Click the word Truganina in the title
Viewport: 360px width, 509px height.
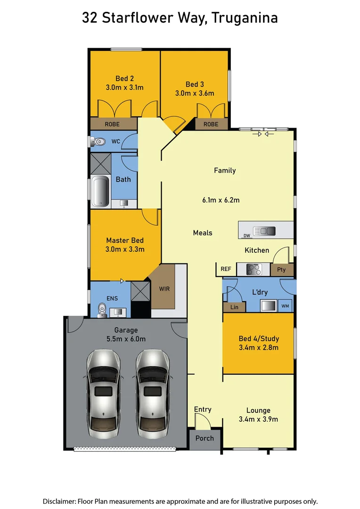(245, 18)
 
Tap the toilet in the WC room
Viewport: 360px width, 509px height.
(98, 141)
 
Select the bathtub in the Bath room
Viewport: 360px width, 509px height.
(100, 191)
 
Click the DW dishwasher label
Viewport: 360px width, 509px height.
(246, 236)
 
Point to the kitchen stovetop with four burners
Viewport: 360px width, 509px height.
(254, 270)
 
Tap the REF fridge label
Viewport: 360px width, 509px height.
(226, 269)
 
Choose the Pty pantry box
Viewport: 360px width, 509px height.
(282, 270)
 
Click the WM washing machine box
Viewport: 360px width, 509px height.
(286, 306)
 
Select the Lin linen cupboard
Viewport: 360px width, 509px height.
(234, 307)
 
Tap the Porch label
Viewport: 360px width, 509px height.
(205, 438)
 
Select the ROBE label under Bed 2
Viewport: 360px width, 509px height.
(112, 124)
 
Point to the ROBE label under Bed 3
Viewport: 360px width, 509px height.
(211, 124)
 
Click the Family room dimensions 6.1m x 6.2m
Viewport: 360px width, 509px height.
(221, 200)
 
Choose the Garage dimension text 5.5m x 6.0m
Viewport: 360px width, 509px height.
(126, 339)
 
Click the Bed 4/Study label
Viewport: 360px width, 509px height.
(258, 339)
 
